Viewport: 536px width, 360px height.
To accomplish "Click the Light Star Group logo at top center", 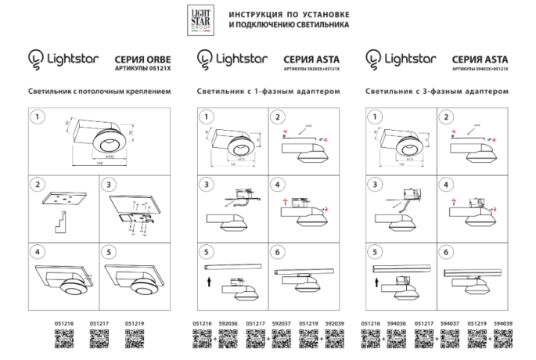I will [202, 20].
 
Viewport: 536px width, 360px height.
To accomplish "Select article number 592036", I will [228, 322].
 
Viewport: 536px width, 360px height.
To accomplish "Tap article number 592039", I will [334, 322].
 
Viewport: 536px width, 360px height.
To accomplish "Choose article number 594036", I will [397, 322].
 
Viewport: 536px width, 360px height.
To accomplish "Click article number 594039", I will [503, 322].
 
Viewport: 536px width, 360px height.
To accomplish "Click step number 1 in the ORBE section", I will [36, 117].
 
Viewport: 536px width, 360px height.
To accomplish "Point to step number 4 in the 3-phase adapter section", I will [447, 185].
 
